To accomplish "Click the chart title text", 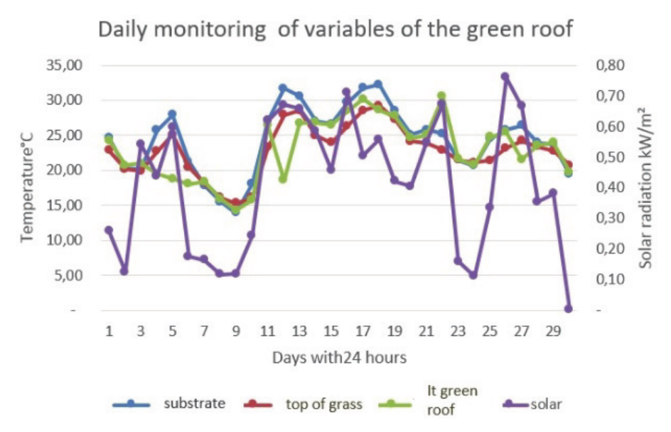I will click(x=335, y=31).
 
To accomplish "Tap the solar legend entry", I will click(x=545, y=404).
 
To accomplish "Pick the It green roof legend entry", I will click(x=452, y=400).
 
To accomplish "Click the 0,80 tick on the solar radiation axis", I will click(x=609, y=65).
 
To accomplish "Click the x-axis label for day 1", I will click(x=109, y=332).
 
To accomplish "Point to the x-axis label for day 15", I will click(x=331, y=332).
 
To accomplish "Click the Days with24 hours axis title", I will click(x=339, y=357).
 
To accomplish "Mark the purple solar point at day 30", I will click(x=569, y=309).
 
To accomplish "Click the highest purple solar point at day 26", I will click(x=505, y=76).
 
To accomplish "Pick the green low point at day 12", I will click(x=283, y=179).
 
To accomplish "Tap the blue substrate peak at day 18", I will click(x=378, y=84).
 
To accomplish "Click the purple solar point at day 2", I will click(x=124, y=271).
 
